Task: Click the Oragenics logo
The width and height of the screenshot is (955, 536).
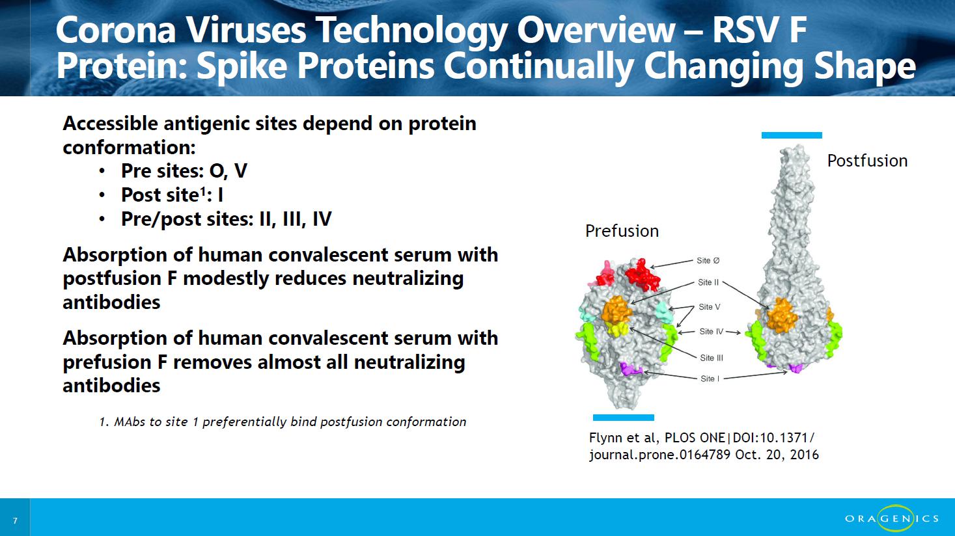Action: click(x=892, y=518)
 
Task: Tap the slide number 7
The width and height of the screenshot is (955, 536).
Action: click(x=16, y=520)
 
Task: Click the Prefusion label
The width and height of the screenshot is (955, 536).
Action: click(x=622, y=231)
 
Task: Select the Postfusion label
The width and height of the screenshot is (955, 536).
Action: click(x=867, y=161)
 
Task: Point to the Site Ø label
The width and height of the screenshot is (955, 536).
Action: click(x=708, y=260)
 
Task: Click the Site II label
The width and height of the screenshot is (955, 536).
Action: click(x=708, y=282)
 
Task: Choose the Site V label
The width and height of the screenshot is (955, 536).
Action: click(x=710, y=307)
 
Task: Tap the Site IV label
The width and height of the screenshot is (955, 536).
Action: click(x=712, y=332)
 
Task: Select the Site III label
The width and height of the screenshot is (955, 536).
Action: click(x=712, y=358)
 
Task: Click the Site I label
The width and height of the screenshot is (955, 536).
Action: click(x=710, y=379)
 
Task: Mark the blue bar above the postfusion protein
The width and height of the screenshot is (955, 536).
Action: click(x=792, y=135)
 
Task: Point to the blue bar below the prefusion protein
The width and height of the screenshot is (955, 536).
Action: click(x=623, y=418)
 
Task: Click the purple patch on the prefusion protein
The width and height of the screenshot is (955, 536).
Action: click(x=630, y=369)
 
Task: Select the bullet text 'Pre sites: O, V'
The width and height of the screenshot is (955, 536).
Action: click(x=184, y=171)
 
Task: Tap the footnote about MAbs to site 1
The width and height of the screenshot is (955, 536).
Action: click(x=283, y=422)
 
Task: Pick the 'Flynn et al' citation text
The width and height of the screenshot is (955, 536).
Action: click(x=704, y=446)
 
